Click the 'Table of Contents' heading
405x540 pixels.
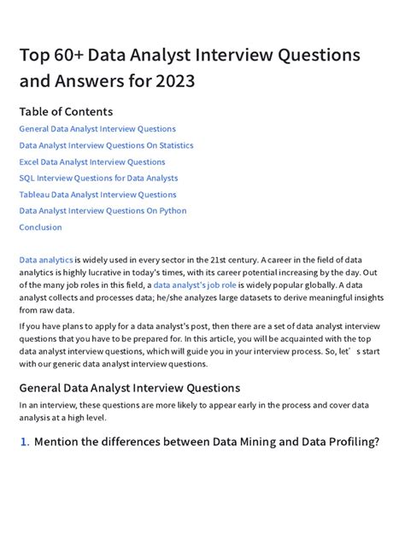[x=66, y=111]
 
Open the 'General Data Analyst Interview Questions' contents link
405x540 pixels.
[x=97, y=129]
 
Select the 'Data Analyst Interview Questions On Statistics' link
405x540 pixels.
[x=106, y=145]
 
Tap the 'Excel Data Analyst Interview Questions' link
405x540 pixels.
[x=92, y=161]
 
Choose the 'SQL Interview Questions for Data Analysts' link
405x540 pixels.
[x=98, y=178]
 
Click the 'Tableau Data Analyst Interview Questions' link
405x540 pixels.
[x=97, y=194]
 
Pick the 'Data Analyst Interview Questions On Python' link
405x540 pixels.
[x=103, y=210]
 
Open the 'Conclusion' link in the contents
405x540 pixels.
[x=40, y=227]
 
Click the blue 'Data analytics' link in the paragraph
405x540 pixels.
[x=46, y=259]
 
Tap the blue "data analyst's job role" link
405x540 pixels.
[x=196, y=285]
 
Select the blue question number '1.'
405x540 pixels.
[x=24, y=442]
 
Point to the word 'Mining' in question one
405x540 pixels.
[x=261, y=442]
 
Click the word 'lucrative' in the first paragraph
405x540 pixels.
[x=110, y=272]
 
